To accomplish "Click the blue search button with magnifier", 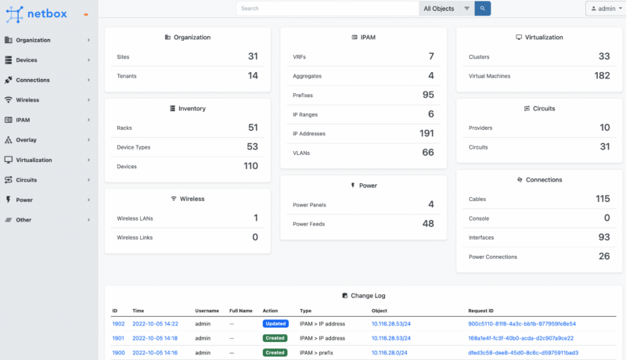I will click(484, 9).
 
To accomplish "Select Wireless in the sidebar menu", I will click(27, 100).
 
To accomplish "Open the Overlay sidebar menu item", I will click(26, 140).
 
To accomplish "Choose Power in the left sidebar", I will click(24, 200).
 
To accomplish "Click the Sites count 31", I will click(253, 56).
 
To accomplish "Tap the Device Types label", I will click(134, 147).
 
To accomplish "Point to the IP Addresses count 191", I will click(426, 133).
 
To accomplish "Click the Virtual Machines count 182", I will click(602, 76).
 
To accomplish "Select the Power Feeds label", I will click(309, 224).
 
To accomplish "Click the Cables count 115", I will click(602, 200).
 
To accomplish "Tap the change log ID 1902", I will click(119, 323).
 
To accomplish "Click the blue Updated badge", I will click(275, 323).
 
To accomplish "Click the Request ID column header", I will click(483, 311).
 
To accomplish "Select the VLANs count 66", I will click(428, 153).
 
